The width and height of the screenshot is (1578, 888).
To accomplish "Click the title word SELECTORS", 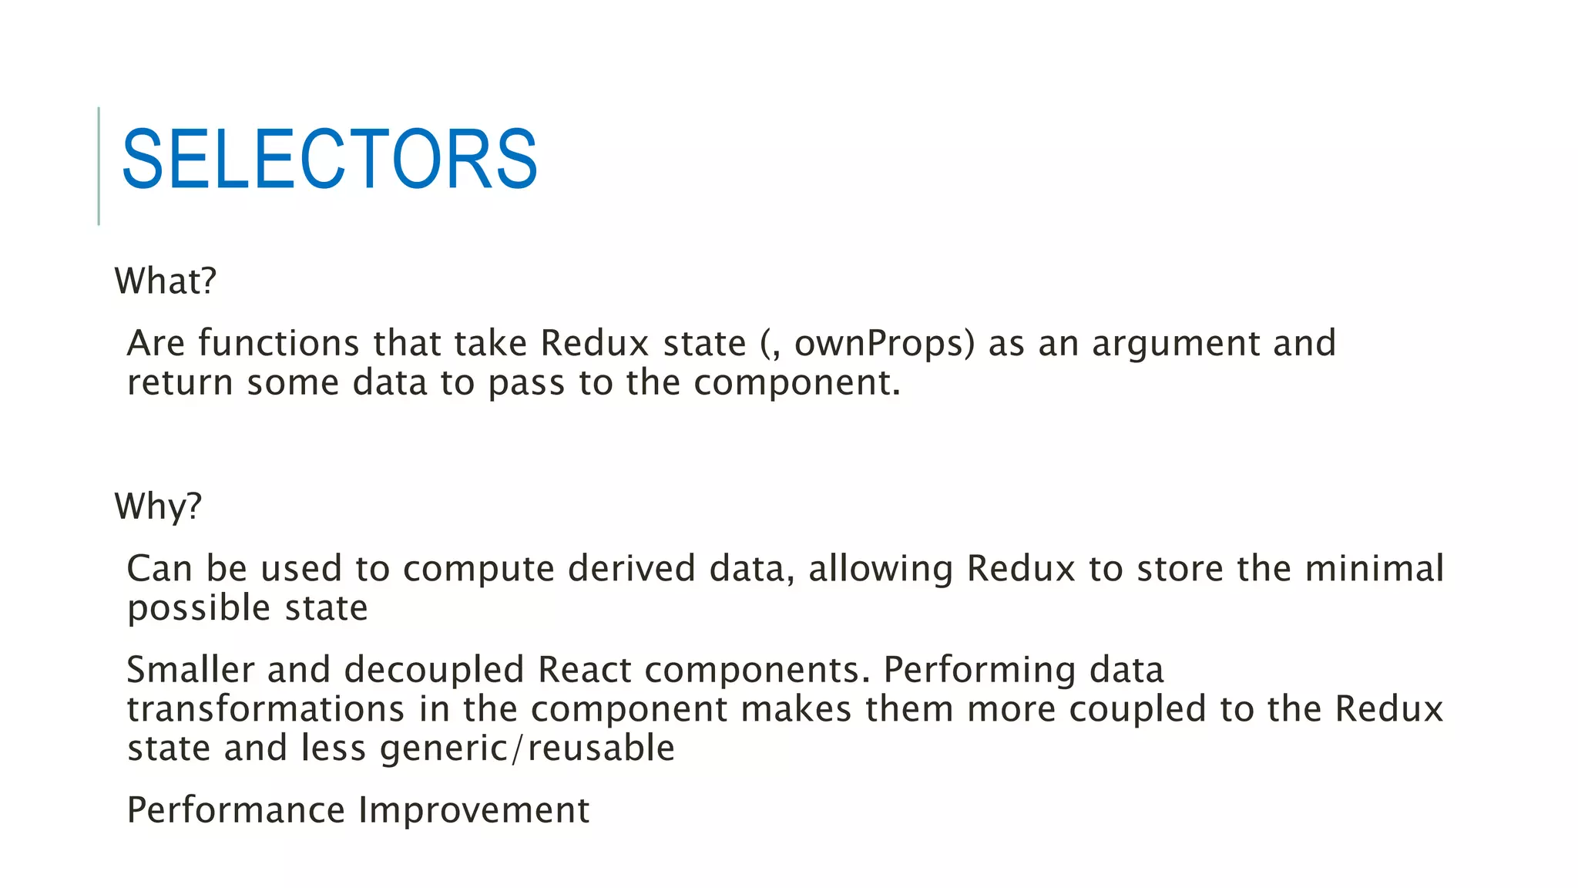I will tap(330, 160).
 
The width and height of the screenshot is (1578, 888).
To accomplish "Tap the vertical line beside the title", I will tap(99, 166).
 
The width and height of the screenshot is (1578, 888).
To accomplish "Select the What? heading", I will tap(166, 281).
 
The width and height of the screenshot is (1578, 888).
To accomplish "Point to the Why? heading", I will tap(158, 506).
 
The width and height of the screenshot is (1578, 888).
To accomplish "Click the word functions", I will tap(278, 343).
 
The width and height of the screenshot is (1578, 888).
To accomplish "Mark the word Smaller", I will tap(190, 669).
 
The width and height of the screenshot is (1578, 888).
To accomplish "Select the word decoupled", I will tap(434, 671).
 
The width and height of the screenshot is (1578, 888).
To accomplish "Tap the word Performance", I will tap(236, 810).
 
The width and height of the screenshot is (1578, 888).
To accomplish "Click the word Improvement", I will tap(474, 811).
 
